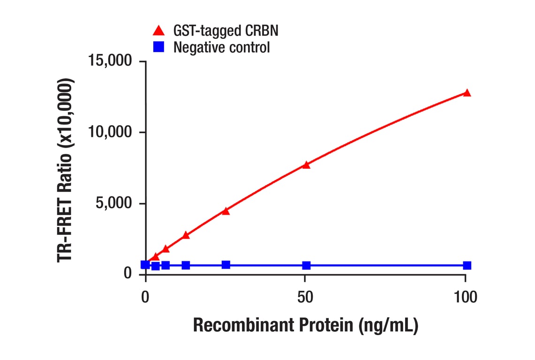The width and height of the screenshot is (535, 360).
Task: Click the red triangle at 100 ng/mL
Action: point(467,93)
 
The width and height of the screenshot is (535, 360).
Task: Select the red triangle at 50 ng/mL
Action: point(306,165)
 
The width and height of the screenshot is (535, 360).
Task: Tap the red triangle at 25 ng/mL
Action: point(226,211)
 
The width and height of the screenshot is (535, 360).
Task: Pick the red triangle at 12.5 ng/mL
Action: point(186,235)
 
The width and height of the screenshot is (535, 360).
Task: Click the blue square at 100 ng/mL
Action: point(467,265)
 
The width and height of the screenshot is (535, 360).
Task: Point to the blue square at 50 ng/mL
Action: point(306,265)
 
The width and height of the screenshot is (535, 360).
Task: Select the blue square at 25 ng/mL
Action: point(226,265)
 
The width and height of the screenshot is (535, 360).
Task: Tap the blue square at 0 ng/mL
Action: point(145,265)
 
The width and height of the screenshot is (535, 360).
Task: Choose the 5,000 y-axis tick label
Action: point(113,203)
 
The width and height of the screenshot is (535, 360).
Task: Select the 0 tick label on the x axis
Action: point(145,297)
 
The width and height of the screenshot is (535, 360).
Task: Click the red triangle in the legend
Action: point(159,31)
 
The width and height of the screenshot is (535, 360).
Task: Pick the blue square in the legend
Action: point(159,47)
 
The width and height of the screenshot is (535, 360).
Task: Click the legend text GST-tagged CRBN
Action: point(226,31)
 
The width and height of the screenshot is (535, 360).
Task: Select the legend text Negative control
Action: point(221,47)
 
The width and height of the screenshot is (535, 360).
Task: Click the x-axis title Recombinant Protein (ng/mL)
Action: point(305,325)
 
